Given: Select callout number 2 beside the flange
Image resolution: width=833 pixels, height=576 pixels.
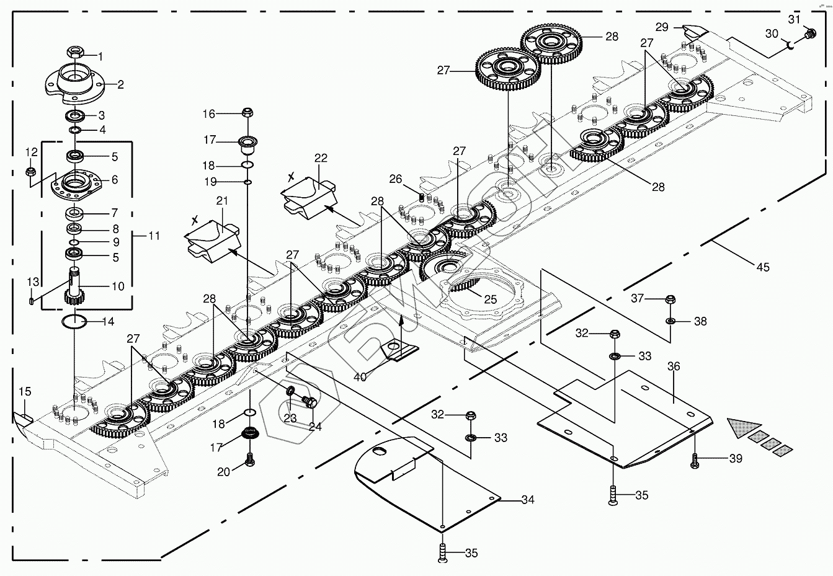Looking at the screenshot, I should pos(120,84).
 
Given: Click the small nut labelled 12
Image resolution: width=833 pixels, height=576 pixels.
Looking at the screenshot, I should pos(30,171).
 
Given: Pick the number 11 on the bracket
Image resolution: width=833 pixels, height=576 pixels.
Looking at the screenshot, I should pos(154,236).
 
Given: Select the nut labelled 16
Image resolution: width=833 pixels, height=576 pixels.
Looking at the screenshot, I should pos(246,113).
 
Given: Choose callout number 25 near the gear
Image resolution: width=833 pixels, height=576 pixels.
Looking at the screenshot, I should pos(490,299).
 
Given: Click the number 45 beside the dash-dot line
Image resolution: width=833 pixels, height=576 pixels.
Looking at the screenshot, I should pos(762,267).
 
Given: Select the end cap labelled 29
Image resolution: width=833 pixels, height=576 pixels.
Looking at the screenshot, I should pos(690,30).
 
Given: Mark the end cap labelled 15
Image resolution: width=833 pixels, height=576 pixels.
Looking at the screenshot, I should pos(23,417).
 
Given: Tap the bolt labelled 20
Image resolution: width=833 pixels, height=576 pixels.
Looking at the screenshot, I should pos(250,459).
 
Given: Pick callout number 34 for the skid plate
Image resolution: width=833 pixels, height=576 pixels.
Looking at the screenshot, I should pos(527,500).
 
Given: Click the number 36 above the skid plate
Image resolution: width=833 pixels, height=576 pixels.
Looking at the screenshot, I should pos(674,366).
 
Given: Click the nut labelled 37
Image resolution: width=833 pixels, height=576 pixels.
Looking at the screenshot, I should pos(670,300).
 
